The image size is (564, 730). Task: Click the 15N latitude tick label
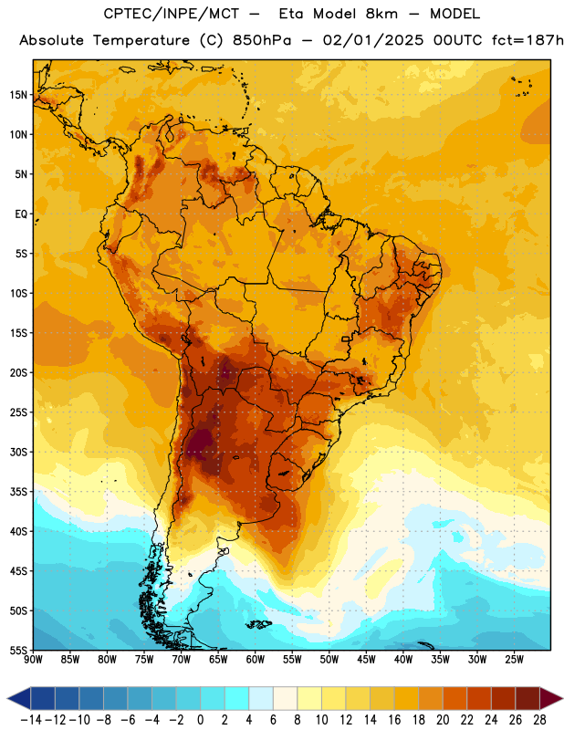(18, 95)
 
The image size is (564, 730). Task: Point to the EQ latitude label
(21, 214)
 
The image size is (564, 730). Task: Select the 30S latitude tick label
(18, 452)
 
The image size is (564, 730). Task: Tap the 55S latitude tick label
(18, 650)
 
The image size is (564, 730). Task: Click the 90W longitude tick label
(34, 659)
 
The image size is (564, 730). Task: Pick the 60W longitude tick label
(256, 659)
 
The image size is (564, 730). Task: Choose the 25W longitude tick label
(514, 659)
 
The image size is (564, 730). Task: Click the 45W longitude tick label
(367, 659)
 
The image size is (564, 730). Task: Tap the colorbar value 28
(539, 720)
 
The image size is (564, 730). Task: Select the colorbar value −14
(32, 720)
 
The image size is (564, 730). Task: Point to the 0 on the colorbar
(201, 720)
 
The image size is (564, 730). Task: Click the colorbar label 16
(394, 720)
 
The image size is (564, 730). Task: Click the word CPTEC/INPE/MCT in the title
(172, 14)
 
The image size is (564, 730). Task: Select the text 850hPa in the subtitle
(262, 40)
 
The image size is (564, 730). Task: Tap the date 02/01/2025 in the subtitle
(373, 40)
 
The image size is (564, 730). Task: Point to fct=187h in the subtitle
(527, 40)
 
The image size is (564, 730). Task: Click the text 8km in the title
(381, 14)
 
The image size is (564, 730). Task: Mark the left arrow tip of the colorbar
(8, 699)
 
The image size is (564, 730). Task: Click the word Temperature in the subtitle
(141, 41)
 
